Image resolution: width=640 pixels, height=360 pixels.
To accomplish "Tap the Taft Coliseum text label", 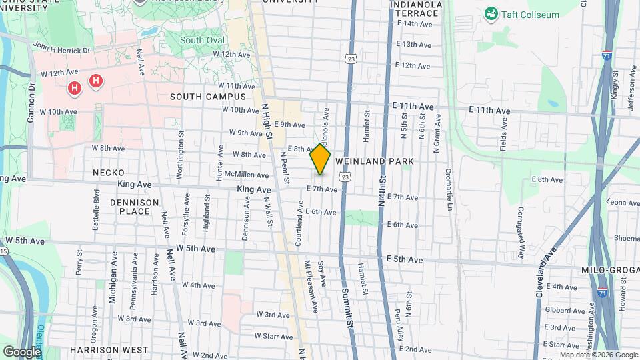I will point(531,15).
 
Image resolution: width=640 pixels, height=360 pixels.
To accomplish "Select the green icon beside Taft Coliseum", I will point(491,13).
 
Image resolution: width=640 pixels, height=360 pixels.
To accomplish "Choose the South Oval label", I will point(201,40).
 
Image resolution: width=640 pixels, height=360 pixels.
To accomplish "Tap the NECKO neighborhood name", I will point(109,173).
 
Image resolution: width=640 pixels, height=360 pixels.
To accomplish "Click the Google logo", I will point(22,351).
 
